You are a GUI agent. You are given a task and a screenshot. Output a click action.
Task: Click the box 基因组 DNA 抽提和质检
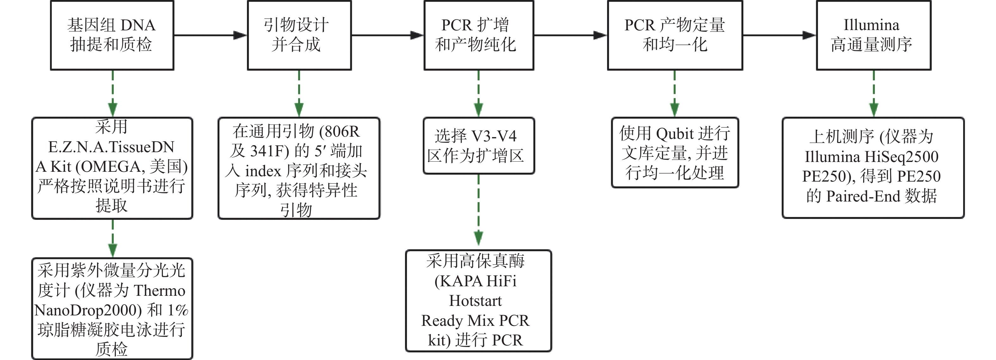(x=112, y=35)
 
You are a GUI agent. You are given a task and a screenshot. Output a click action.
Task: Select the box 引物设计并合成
(x=299, y=35)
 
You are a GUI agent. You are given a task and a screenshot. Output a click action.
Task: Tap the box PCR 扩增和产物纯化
(x=478, y=35)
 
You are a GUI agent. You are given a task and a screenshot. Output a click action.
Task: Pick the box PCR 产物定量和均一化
(x=675, y=35)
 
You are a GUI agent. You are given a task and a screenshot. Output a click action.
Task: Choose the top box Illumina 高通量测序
(x=873, y=35)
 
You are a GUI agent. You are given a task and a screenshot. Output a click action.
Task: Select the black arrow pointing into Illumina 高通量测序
(x=779, y=35)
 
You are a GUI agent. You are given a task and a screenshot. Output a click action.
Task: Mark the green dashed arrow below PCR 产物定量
(x=675, y=94)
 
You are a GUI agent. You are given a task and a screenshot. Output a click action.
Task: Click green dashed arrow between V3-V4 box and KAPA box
(x=478, y=211)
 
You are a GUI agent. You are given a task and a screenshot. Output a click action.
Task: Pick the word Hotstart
(x=475, y=301)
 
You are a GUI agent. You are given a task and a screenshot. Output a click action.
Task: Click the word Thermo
(x=159, y=291)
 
